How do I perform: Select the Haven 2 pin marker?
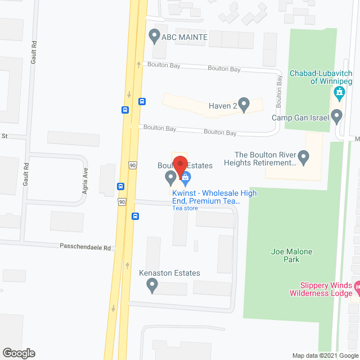(x=244, y=104)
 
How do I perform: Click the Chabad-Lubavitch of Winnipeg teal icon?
(x=339, y=93)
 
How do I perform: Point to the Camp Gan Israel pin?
(x=337, y=117)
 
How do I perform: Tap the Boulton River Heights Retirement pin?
(x=304, y=157)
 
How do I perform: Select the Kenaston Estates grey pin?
(x=151, y=286)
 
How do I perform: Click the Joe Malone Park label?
(x=291, y=255)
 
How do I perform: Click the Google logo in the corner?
(x=18, y=353)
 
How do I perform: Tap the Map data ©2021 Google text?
(x=325, y=355)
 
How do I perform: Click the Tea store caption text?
(x=185, y=208)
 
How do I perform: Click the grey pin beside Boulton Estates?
(x=170, y=178)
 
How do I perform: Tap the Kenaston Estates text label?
(x=169, y=273)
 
